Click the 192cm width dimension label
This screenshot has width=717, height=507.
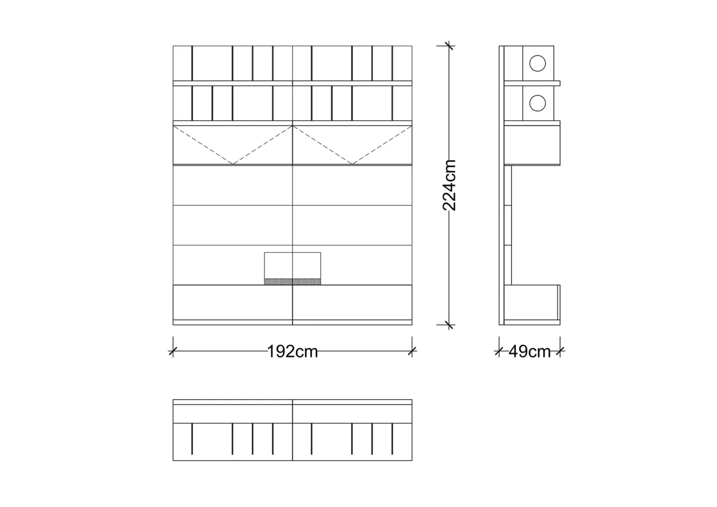coord(292,351)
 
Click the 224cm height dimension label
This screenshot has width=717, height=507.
coord(449,185)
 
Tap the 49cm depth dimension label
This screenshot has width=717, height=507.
coord(529,351)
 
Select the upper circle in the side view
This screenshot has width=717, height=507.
coord(537,63)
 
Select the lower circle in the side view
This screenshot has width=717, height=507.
coord(537,103)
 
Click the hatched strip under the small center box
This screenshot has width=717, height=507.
coord(292,282)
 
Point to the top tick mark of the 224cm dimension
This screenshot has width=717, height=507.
coord(449,46)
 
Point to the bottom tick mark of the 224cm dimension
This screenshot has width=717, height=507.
coord(449,325)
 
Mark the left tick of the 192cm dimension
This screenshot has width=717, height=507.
coord(173,351)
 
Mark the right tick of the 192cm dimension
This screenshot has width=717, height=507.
coord(412,351)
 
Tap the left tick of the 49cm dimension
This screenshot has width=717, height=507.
coord(499,351)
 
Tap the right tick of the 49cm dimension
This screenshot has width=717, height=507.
coord(560,351)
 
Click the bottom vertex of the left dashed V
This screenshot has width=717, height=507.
coord(233,164)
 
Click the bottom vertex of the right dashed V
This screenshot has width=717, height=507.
coord(352,164)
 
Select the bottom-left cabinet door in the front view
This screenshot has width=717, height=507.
coord(233,302)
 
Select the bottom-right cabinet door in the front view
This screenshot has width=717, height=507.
coord(352,302)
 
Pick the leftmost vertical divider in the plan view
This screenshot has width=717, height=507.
coord(192,439)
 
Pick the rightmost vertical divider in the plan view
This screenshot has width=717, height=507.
coord(392,439)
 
